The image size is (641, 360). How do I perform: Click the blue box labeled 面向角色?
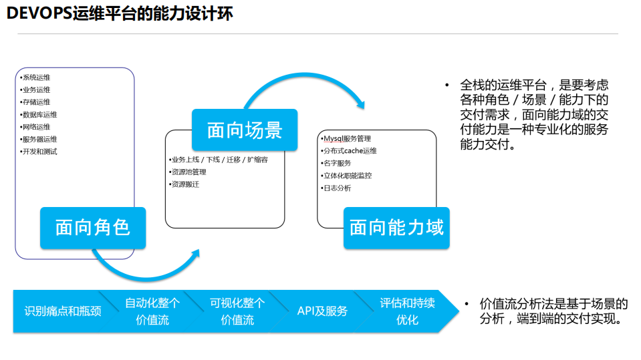coord(92,227)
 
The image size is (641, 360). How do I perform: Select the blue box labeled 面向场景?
coord(245,130)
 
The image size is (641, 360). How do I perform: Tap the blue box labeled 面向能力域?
coord(396,227)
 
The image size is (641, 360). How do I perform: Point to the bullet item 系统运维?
coord(36,77)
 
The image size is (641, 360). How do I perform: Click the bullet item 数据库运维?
coord(39,114)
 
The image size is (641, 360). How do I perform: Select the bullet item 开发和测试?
coord(39,152)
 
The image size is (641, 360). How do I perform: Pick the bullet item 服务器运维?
coord(39,139)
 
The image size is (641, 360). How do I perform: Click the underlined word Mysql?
coord(333,138)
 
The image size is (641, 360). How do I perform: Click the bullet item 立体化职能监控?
coord(347,176)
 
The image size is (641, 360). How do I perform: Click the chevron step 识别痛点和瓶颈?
coord(61,311)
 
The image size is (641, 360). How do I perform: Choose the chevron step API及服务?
coord(322,311)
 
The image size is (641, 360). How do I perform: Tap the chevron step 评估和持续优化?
coord(408,311)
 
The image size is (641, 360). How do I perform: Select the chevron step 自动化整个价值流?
coord(152,311)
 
